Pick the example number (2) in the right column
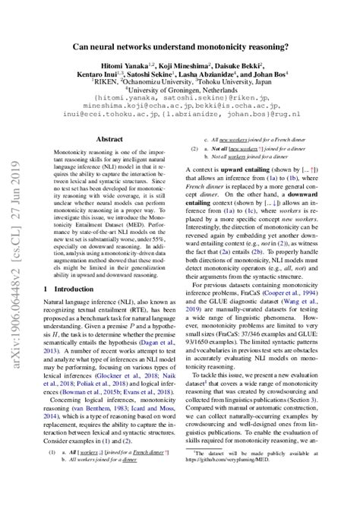click(195, 151)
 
